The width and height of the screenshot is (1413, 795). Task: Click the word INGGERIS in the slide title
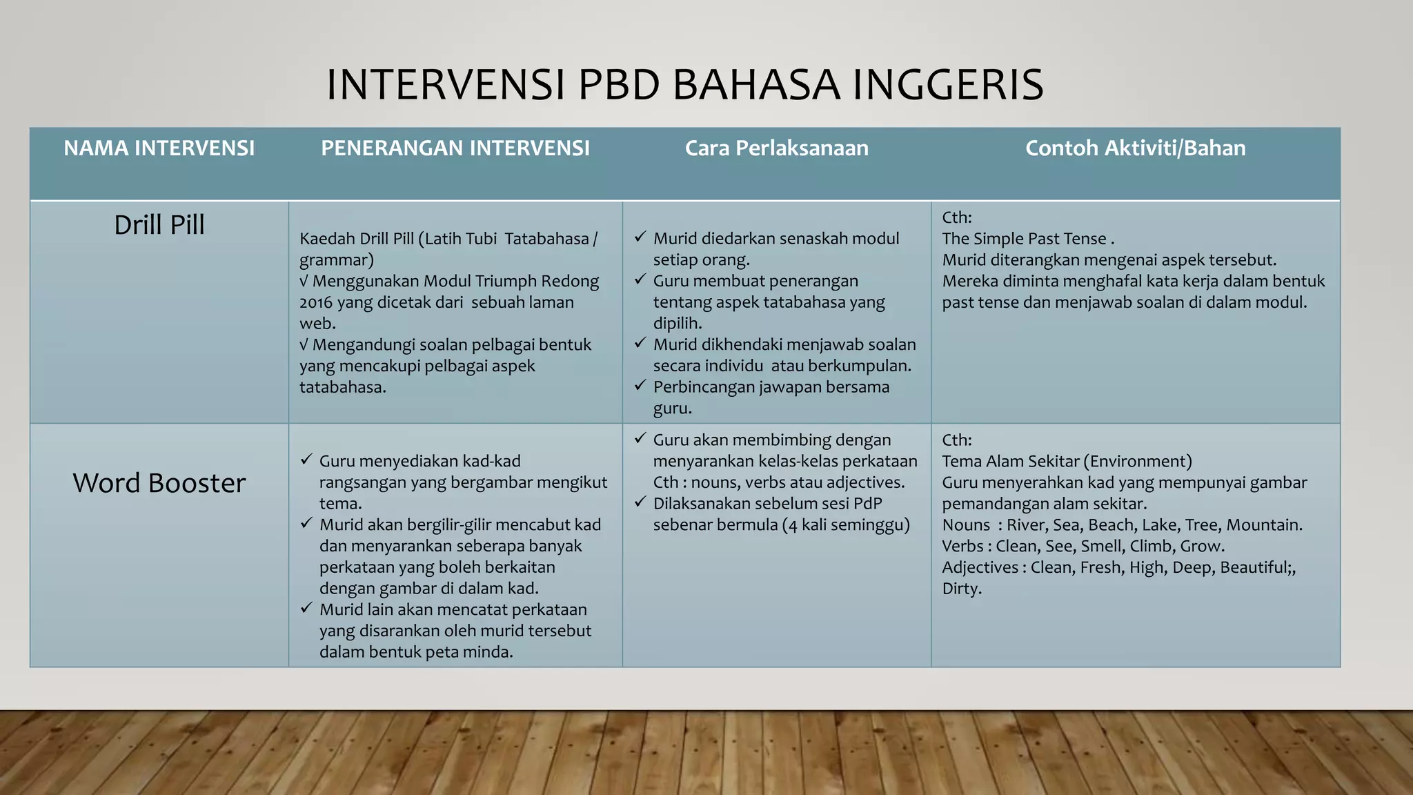coord(948,85)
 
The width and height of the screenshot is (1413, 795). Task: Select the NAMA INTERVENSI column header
coord(159,148)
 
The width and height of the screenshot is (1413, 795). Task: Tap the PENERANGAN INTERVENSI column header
coord(455,148)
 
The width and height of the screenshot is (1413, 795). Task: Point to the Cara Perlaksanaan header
coord(776,148)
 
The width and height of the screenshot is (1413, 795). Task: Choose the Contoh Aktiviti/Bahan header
coord(1135,148)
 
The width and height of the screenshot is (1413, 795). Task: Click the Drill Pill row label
coord(159,226)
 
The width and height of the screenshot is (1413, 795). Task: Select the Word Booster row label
coord(159,483)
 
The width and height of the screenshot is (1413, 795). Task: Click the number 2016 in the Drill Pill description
coord(316,303)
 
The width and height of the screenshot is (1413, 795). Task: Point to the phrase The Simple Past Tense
coord(1024,239)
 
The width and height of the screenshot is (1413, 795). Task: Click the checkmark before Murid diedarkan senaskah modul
coord(640,237)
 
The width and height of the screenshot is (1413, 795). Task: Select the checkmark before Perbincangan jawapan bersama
coord(640,386)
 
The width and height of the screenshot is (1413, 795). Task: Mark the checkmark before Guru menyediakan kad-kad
coord(306,460)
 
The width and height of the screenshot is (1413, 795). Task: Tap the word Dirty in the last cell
coord(961,589)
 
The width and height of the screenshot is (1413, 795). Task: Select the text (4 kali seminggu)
coord(846,525)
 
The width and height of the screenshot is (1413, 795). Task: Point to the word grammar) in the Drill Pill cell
coord(336,261)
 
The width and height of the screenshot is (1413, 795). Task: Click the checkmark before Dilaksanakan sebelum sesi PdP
coord(640,502)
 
